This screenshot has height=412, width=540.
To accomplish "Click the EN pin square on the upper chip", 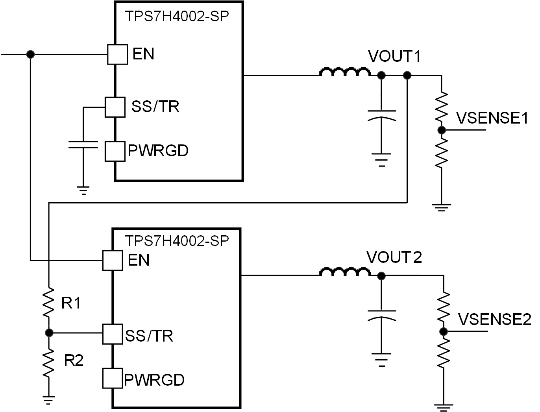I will pyautogui.click(x=117, y=54).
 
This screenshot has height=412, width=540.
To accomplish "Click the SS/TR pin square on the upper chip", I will pyautogui.click(x=115, y=107).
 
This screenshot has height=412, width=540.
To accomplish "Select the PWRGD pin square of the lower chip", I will pyautogui.click(x=112, y=379).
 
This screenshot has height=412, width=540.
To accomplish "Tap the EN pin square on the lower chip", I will pyautogui.click(x=112, y=261).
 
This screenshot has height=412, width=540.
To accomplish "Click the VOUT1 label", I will pyautogui.click(x=394, y=57).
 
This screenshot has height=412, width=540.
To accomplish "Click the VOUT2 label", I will pyautogui.click(x=394, y=257).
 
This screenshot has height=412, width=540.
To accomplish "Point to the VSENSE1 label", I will pyautogui.click(x=492, y=118).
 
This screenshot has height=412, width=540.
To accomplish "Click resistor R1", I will pyautogui.click(x=48, y=303).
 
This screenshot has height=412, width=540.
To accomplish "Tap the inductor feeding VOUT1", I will pyautogui.click(x=345, y=72).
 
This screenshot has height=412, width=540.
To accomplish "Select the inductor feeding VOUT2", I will pyautogui.click(x=345, y=272).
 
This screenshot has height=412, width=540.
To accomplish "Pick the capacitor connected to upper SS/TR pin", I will pyautogui.click(x=83, y=144).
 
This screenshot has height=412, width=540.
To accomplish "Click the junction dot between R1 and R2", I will pyautogui.click(x=49, y=333).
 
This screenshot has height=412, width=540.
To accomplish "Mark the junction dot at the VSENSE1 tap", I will pyautogui.click(x=442, y=130).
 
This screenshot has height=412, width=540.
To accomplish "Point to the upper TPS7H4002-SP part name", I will pyautogui.click(x=177, y=16).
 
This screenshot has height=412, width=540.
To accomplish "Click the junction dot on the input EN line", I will pyautogui.click(x=30, y=54).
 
